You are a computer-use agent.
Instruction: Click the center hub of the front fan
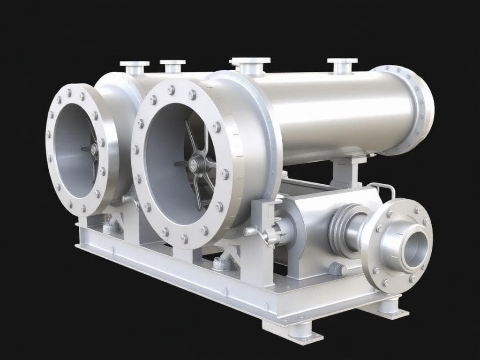[x=196, y=164]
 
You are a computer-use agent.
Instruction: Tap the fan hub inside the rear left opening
[x=93, y=149]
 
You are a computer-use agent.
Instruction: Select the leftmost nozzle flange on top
[x=135, y=64]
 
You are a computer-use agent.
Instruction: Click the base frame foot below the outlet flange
[x=389, y=307]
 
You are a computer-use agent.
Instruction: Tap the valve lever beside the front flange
[x=266, y=234]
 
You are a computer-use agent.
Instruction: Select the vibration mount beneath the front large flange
[x=223, y=263]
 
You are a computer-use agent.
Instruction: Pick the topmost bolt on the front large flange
[x=192, y=95]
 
